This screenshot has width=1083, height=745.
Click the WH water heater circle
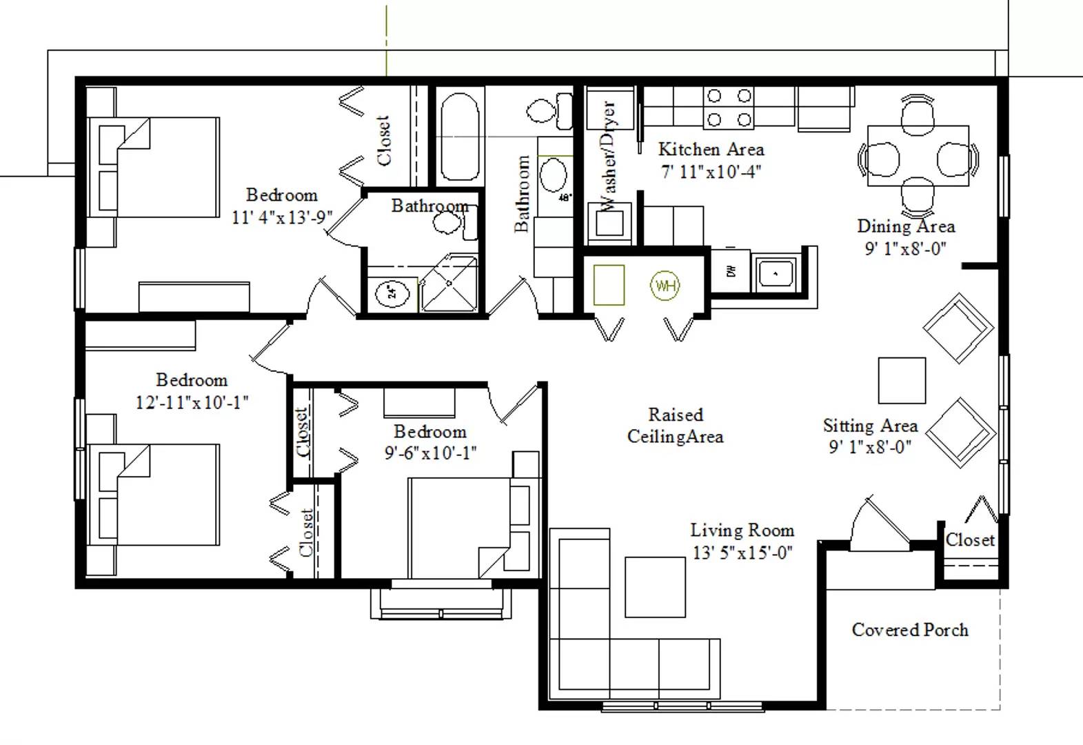coord(665,285)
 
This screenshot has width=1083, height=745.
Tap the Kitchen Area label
coord(711,149)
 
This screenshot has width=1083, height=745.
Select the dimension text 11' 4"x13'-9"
coord(281,217)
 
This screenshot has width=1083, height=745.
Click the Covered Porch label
coord(910,630)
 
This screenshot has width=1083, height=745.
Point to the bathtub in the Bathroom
coord(459,136)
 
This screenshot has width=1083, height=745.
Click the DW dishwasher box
coord(731,272)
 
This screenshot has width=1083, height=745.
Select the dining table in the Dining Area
coord(918,156)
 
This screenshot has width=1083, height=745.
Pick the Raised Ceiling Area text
coord(675,426)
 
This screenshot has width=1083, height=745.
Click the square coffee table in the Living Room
coord(655,587)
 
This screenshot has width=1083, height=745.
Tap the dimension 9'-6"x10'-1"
coord(430,453)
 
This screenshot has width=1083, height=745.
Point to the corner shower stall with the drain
coord(449,284)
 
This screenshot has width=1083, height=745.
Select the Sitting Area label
coord(870,426)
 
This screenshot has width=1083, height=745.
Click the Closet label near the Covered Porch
coord(970,540)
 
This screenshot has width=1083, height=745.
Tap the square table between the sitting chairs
coord(902,380)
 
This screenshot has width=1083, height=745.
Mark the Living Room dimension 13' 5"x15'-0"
coord(742,553)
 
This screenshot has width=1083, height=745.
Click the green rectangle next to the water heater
coord(609,285)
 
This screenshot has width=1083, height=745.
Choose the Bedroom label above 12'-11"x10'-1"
coord(192,380)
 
